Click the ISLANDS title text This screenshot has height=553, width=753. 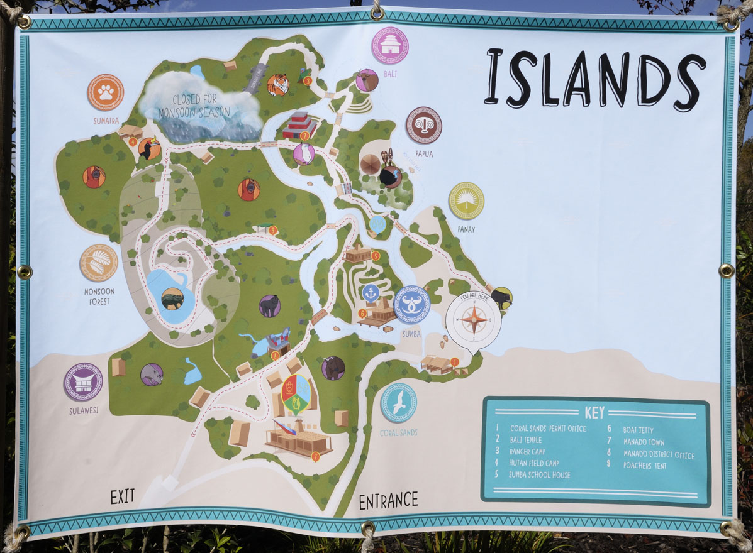(594, 79)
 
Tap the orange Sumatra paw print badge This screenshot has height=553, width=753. (105, 92)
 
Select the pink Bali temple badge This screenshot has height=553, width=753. (390, 45)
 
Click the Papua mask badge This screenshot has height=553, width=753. (423, 125)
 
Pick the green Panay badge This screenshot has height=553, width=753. (466, 200)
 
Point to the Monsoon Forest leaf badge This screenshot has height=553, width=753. (99, 263)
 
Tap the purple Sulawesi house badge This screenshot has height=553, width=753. (83, 381)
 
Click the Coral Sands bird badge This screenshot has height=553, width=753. (398, 403)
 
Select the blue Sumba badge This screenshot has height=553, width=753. (411, 304)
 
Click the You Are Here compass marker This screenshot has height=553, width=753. (473, 320)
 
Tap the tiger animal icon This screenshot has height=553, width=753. (277, 84)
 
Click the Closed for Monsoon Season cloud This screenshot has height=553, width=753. (201, 106)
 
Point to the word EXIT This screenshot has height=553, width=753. (123, 496)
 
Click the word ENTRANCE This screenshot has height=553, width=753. (388, 500)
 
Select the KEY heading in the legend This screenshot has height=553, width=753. (594, 413)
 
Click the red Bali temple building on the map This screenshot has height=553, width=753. (299, 126)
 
